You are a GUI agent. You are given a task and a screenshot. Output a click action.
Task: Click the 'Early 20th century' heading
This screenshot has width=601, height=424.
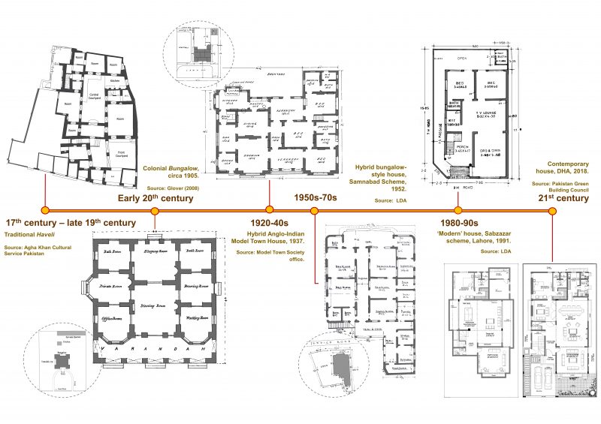coord(156,198)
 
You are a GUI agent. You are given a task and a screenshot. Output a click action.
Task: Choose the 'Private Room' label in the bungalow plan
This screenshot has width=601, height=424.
coord(110,286)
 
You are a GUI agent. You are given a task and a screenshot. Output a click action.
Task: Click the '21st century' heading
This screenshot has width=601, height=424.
coord(562,198)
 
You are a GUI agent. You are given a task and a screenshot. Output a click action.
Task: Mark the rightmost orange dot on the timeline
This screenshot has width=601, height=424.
coord(553,210)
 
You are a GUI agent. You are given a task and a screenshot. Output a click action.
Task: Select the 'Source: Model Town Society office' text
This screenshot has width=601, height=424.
coord(270,255)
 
